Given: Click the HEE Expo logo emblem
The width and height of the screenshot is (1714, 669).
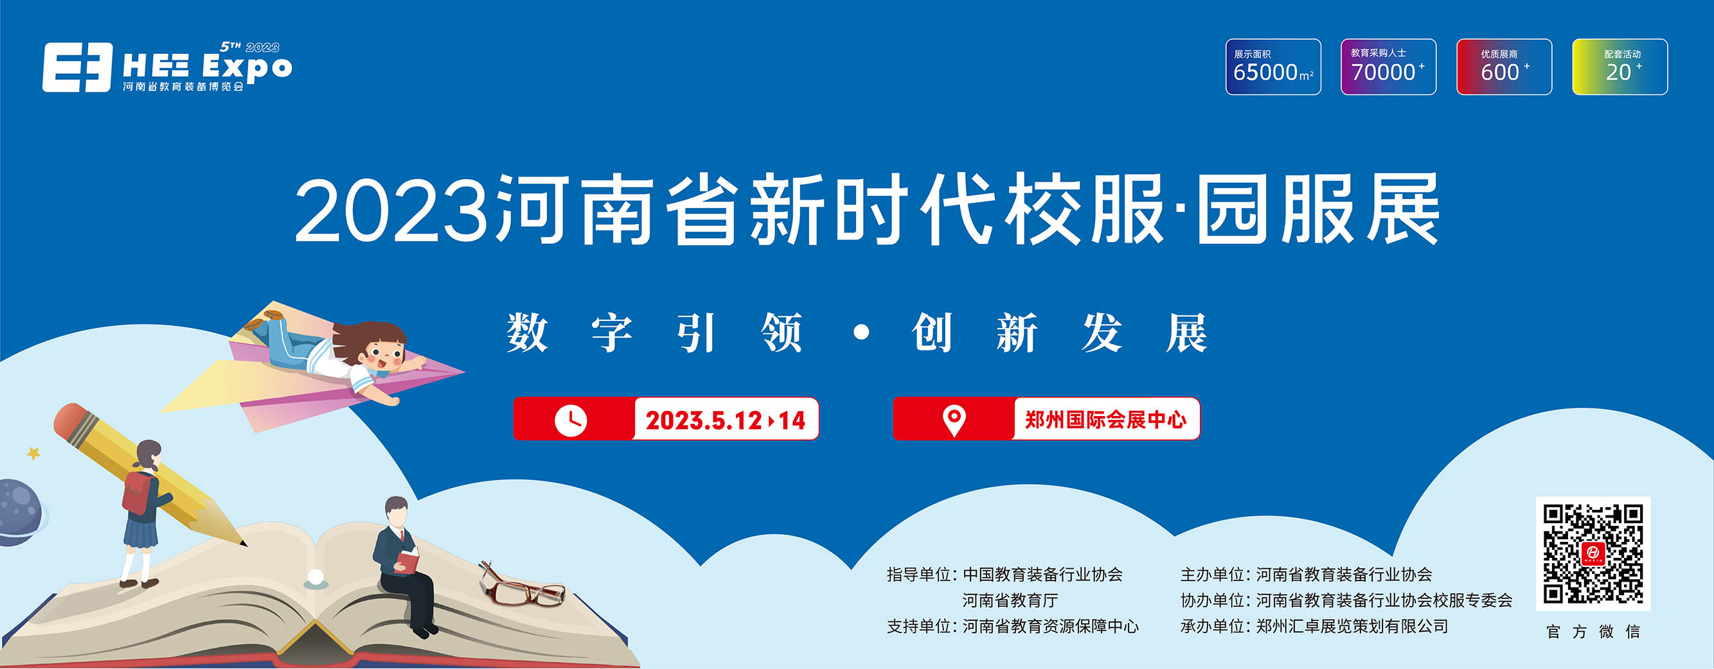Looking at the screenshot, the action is tap(77, 67).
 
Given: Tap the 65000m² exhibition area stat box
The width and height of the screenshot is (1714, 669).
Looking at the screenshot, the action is tap(1273, 67).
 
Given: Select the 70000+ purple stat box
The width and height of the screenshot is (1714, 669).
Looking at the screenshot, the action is tap(1388, 67).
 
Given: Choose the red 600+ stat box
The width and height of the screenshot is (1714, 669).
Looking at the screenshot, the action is tap(1504, 67).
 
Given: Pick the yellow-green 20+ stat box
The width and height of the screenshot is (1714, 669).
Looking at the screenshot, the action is tap(1620, 67).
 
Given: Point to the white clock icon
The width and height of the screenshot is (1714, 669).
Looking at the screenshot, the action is tap(570, 420).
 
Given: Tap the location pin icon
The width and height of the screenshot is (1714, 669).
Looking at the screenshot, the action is tap(954, 421).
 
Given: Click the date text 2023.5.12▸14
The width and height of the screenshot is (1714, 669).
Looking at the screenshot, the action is tap(726, 421).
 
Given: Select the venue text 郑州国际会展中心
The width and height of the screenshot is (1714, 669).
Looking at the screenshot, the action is tap(1105, 420).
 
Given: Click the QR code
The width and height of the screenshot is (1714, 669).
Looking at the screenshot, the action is tap(1593, 553).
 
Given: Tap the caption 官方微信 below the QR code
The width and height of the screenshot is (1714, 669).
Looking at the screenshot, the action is tap(1593, 631).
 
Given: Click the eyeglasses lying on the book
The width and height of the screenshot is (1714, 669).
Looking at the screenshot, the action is tap(522, 586).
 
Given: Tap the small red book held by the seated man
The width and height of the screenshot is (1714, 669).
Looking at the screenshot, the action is tap(406, 560).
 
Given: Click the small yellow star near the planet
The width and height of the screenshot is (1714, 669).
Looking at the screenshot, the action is tap(33, 453).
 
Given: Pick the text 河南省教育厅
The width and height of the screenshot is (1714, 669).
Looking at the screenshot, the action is tap(1010, 600).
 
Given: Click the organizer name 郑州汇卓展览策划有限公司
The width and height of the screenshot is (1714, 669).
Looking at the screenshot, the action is tap(1352, 627).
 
